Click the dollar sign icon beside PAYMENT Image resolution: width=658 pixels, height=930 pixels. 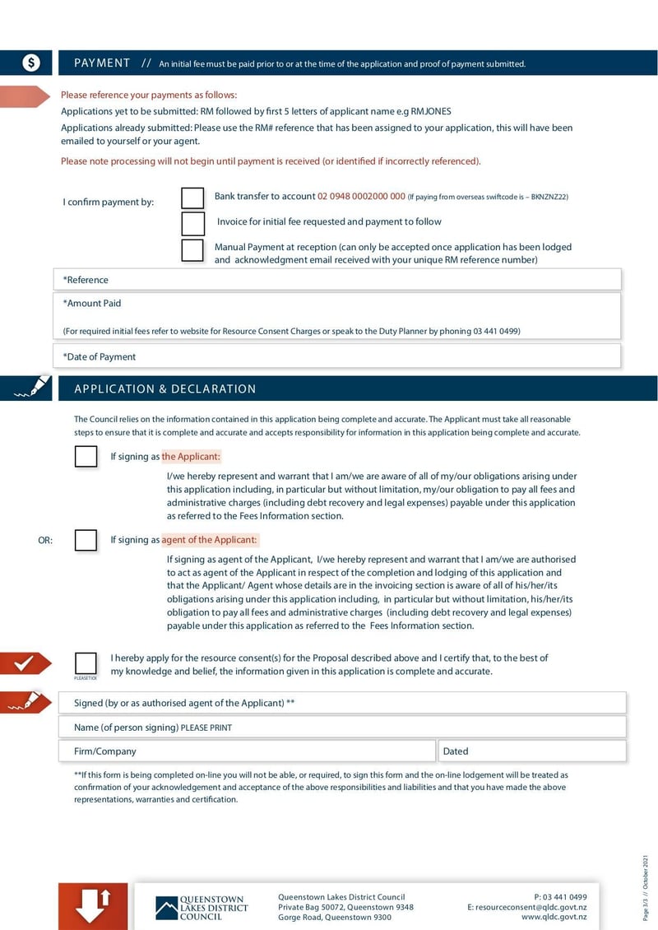point(30,63)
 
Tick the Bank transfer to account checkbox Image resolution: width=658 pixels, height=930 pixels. point(192,198)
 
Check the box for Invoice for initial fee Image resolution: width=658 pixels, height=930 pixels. point(192,224)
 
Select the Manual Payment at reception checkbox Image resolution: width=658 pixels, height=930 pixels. point(192,250)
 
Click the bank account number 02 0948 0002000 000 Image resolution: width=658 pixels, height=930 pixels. point(361,197)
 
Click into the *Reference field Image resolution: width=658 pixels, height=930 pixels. point(337,280)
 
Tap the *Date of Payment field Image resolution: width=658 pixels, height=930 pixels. point(337,356)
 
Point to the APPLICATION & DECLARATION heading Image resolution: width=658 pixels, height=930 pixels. point(164,389)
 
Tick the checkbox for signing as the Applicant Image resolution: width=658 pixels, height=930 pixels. point(86,457)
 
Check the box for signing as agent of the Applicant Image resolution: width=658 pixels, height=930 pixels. point(86,541)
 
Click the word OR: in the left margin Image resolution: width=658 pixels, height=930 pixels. point(45,541)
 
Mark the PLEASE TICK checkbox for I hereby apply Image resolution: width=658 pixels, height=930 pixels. point(86,663)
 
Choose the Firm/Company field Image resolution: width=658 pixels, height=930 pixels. point(247,751)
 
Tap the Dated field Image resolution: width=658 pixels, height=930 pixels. point(531,751)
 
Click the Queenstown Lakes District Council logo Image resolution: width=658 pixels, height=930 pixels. point(202,907)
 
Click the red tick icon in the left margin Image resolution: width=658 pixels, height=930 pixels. point(25,663)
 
